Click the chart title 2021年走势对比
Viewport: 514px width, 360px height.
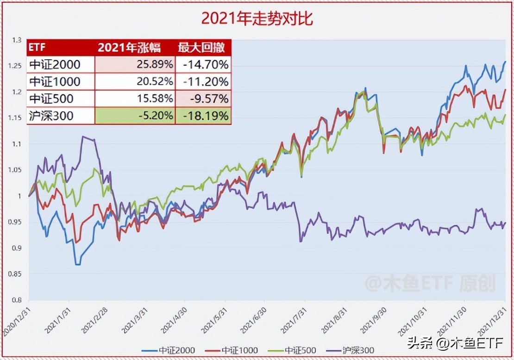click(257, 18)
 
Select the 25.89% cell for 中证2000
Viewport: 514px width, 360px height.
click(135, 64)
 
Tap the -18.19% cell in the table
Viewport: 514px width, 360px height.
click(203, 116)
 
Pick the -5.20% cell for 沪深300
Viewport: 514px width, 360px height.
click(135, 116)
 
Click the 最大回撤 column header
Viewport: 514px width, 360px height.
click(203, 48)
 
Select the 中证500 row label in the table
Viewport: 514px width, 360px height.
click(51, 99)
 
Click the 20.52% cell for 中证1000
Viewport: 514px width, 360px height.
click(135, 81)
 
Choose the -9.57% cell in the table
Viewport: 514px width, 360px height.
click(203, 99)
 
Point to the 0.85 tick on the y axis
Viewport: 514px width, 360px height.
click(16, 274)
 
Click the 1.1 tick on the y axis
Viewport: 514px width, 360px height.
click(18, 144)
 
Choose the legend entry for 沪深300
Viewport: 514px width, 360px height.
click(353, 350)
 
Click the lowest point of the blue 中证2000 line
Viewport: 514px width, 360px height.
click(77, 265)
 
